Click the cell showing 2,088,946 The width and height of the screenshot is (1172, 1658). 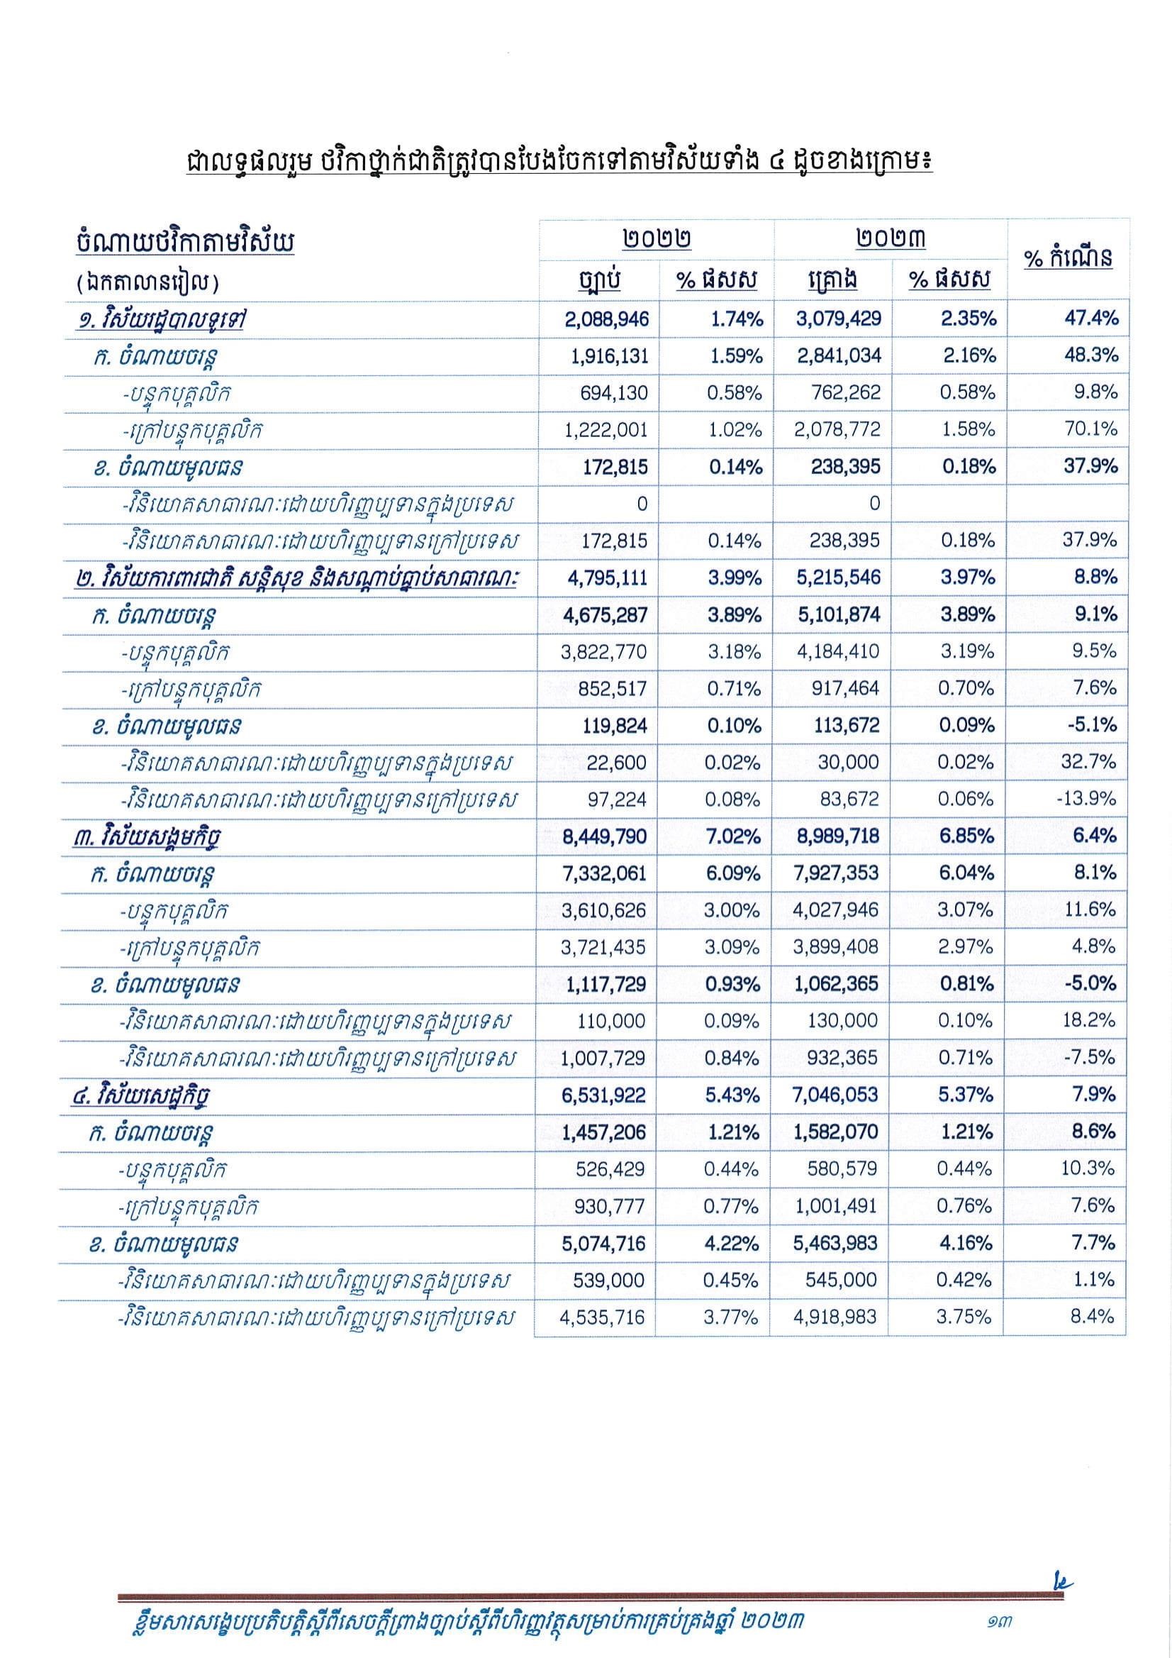[x=607, y=319]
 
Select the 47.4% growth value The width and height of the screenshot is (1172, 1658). [x=1090, y=318]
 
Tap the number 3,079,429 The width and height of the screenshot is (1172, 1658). [x=839, y=319]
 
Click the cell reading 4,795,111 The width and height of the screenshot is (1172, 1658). [x=607, y=577]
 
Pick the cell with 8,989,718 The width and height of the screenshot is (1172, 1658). [x=837, y=836]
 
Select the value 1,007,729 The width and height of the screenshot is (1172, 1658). [x=603, y=1058]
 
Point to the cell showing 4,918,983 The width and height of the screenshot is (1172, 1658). [x=836, y=1317]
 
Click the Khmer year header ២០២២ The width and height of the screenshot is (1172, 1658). [x=657, y=239]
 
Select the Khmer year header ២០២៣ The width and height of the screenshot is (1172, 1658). [x=891, y=239]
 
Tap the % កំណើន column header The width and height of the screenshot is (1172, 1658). [x=1068, y=258]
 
